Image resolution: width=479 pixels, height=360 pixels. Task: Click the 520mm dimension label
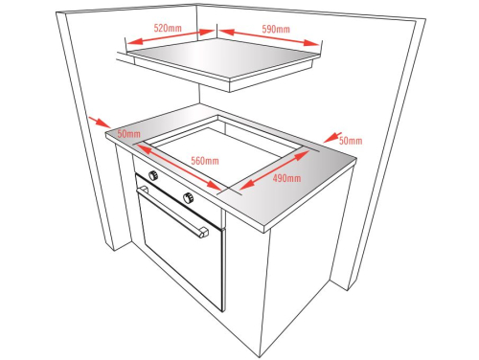coord(168,28)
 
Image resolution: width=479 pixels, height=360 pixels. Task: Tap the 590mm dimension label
coord(276,30)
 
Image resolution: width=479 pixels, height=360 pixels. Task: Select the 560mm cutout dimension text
coord(205,161)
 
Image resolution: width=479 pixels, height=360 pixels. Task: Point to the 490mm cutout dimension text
coord(286,178)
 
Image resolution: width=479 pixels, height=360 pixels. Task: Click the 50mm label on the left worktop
coord(128,134)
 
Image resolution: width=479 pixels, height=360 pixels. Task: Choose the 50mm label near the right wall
coord(351,141)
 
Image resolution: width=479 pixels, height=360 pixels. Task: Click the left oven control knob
coord(153,175)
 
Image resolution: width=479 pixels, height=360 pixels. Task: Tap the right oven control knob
coord(189,198)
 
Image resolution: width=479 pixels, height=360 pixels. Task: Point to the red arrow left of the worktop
coord(100,123)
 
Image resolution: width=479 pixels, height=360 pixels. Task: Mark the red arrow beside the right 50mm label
coord(332,137)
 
